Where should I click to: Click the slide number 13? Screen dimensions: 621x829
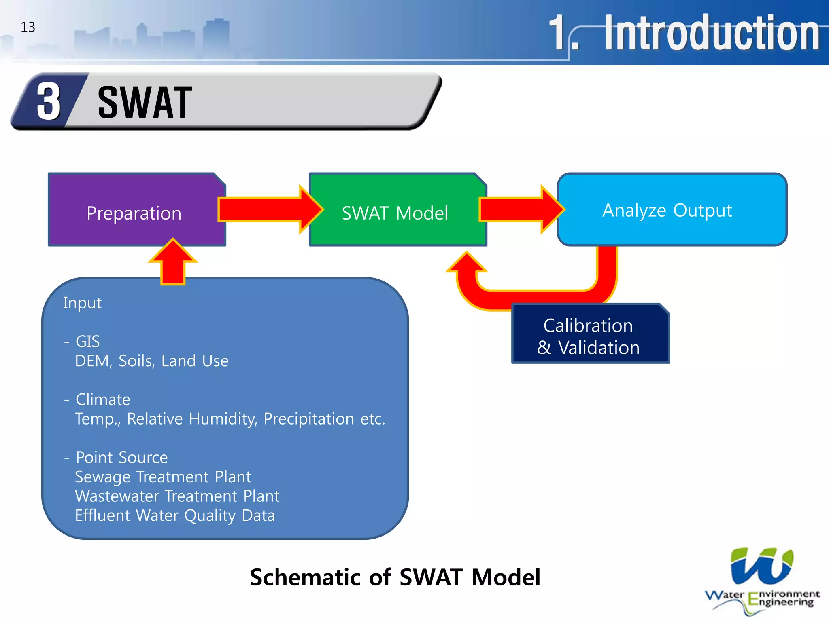28,27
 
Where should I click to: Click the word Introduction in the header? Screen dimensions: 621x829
712,33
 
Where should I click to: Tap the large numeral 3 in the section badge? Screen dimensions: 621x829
48,101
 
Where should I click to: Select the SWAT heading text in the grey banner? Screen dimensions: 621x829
145,103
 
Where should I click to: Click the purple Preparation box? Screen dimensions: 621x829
134,213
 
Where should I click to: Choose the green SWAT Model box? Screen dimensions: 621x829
395,213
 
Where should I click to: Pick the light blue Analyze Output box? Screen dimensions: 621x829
667,210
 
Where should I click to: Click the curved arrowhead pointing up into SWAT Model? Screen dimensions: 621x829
467,265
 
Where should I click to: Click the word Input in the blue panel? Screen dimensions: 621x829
82,303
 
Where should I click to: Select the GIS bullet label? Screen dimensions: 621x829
87,341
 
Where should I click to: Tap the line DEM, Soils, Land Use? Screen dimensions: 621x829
151,361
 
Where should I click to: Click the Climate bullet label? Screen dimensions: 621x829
103,399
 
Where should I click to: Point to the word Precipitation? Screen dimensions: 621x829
309,419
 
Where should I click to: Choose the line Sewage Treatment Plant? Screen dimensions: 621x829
163,477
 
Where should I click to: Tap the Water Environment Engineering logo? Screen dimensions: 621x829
761,580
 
